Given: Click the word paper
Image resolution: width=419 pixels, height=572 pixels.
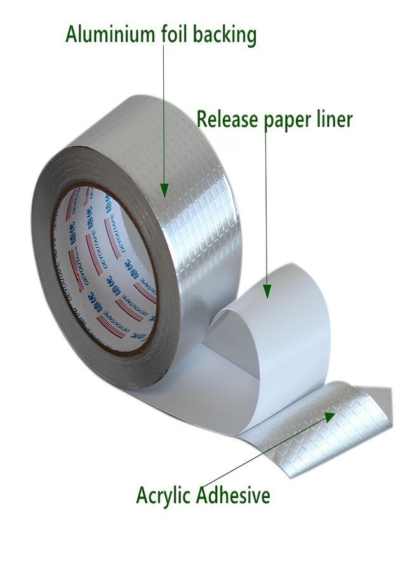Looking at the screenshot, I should click(292, 121).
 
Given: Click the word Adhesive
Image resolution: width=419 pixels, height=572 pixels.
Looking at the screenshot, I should click(234, 494).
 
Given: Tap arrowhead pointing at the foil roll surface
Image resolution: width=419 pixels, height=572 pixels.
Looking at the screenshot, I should click(164, 189).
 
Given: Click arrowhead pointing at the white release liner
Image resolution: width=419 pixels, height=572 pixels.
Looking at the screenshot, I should click(268, 290).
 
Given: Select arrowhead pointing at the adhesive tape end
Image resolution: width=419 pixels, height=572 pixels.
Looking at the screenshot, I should click(330, 417).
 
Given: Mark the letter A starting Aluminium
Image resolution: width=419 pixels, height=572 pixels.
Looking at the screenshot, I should click(72, 34).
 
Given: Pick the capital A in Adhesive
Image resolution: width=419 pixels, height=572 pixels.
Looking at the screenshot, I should click(206, 494).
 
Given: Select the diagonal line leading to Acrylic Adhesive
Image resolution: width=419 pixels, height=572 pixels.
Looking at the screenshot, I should click(267, 454).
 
